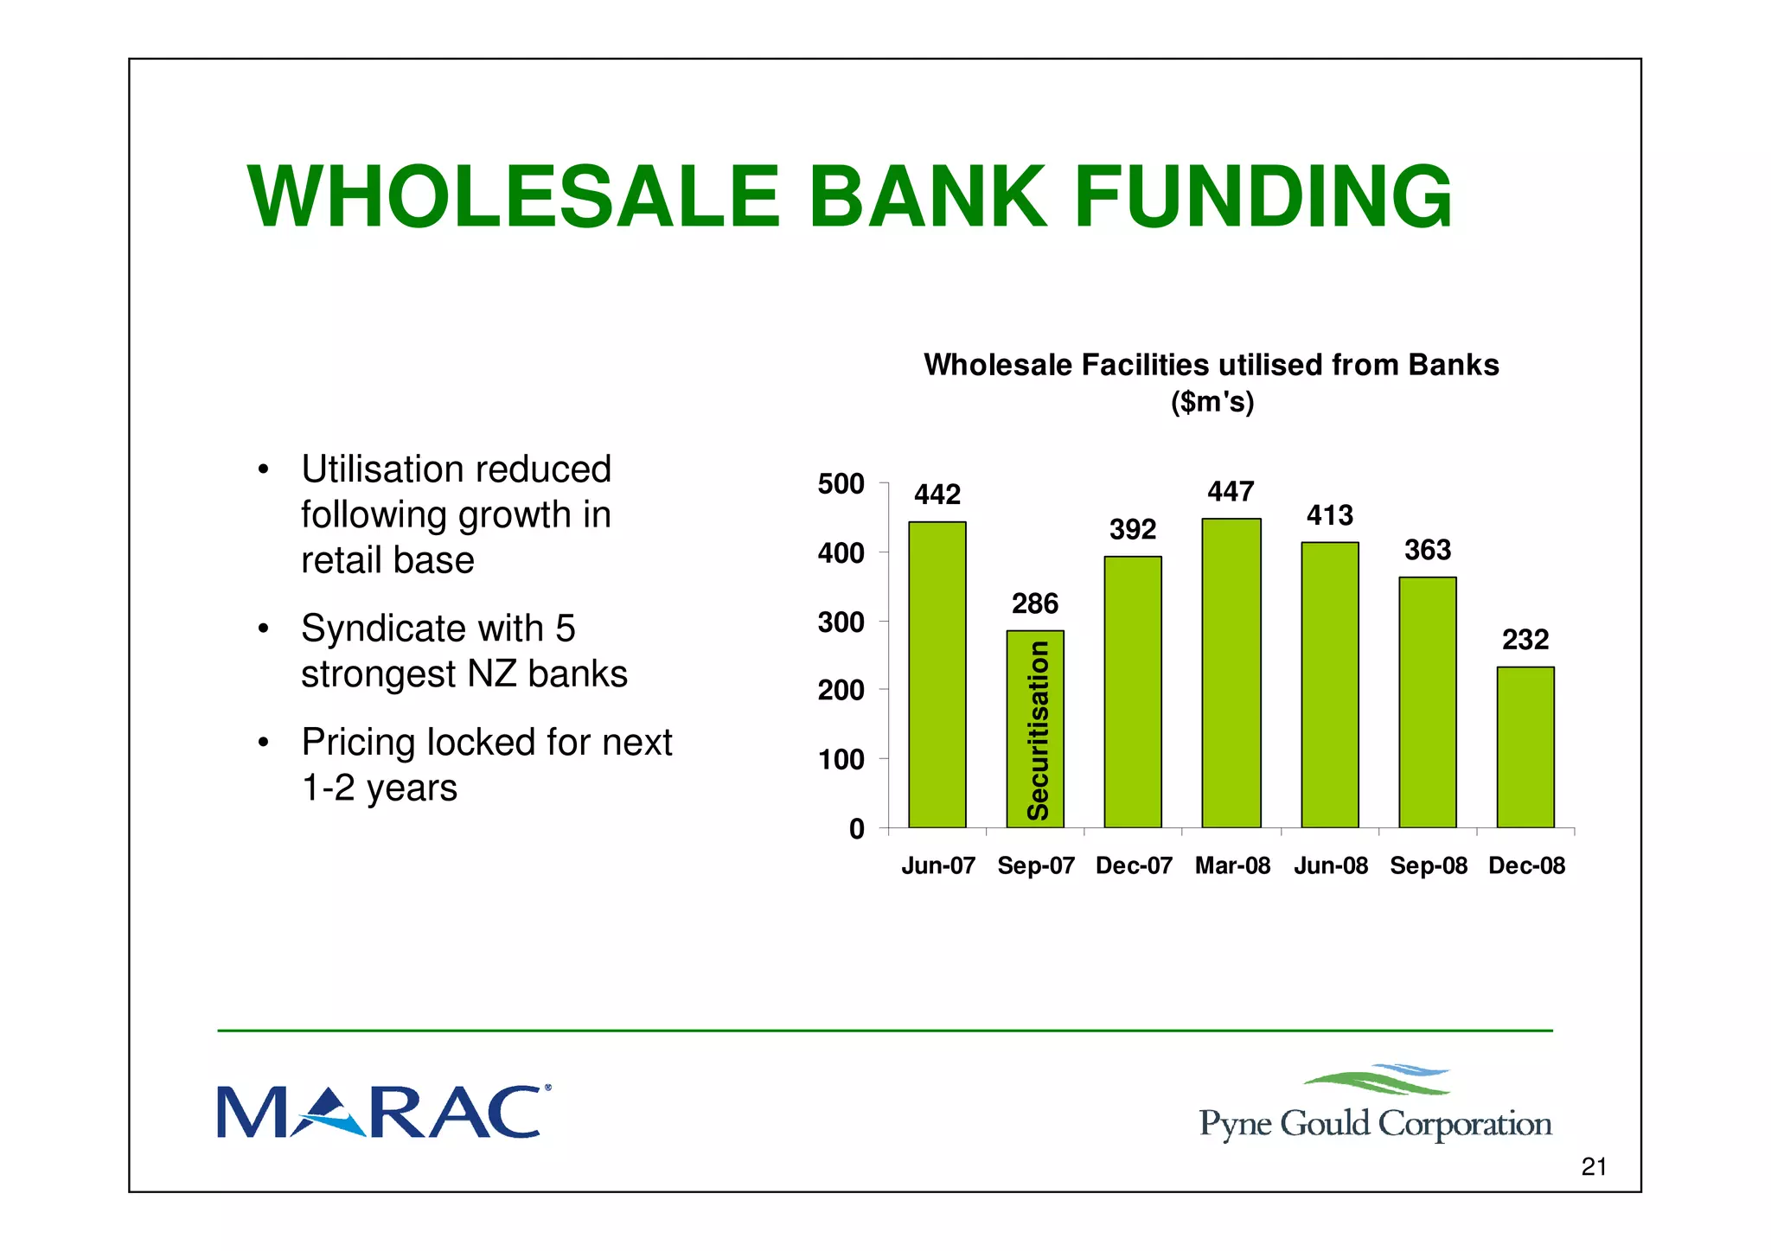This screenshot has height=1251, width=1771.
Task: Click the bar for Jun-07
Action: (937, 674)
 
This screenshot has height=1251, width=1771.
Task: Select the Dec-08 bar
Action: (1525, 747)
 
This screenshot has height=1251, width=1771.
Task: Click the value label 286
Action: (1035, 603)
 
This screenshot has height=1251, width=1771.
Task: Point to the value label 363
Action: (1428, 550)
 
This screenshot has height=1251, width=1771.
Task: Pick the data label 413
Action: (1329, 516)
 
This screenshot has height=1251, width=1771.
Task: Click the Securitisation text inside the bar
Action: (1037, 731)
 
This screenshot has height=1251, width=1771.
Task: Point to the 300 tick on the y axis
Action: (841, 622)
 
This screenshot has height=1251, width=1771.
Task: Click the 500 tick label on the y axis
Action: (841, 484)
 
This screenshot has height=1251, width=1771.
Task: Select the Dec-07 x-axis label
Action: (1134, 865)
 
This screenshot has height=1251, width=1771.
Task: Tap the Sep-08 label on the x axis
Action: (1429, 865)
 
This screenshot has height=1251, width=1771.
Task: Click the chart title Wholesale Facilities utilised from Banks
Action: (1211, 366)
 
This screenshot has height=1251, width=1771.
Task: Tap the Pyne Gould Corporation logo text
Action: (1375, 1124)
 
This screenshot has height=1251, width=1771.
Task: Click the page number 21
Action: (1593, 1167)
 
